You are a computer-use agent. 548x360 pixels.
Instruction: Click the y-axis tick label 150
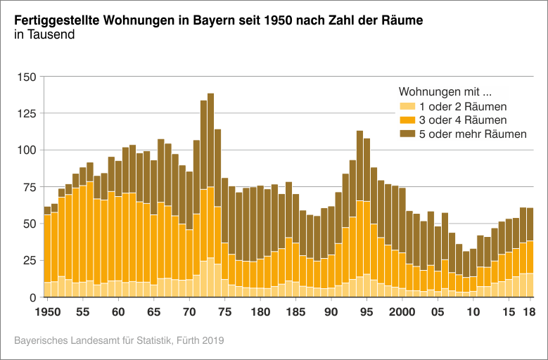[25, 77]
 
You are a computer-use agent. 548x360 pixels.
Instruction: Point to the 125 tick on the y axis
[25, 113]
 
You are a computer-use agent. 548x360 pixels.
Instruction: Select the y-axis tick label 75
[28, 187]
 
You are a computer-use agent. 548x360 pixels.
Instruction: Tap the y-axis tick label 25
[28, 261]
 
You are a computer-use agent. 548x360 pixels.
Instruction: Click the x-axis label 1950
[47, 311]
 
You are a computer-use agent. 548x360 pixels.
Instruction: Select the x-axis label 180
[260, 311]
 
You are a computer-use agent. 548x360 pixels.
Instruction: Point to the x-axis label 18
[530, 311]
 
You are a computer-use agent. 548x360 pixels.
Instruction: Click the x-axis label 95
[367, 311]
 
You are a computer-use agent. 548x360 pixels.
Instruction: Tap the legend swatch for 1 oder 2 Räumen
[407, 107]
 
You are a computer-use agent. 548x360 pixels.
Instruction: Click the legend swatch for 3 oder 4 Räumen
[407, 120]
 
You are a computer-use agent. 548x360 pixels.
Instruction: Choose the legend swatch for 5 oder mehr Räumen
[407, 134]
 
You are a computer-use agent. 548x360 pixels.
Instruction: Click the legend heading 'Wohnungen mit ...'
[444, 92]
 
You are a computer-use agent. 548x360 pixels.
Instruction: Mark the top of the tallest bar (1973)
[211, 94]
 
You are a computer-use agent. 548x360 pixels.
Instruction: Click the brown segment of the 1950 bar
[47, 210]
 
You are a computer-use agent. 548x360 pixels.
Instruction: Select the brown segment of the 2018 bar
[530, 224]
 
